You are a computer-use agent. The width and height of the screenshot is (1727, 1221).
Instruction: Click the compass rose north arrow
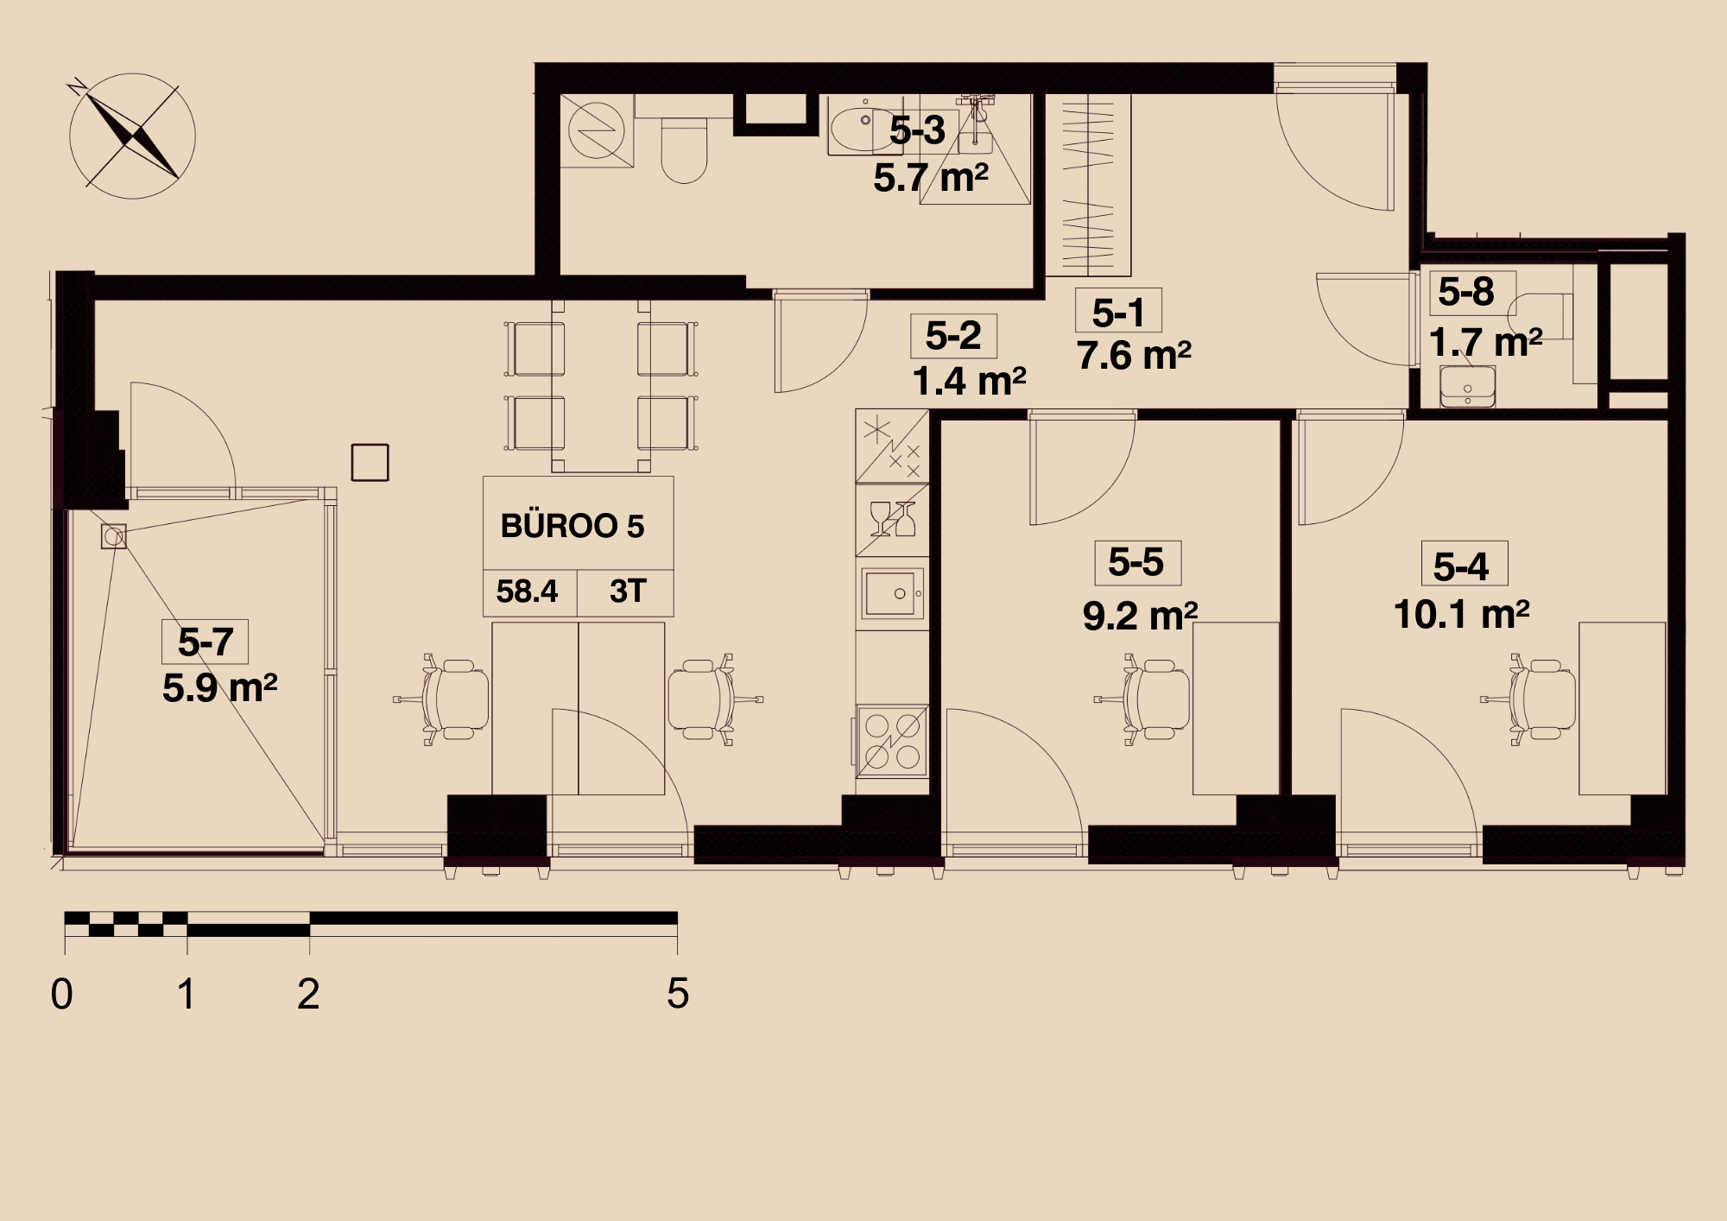(132, 136)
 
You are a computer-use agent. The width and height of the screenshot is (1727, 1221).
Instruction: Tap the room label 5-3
(917, 130)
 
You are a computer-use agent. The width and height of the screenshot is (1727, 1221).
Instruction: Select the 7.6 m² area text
(1134, 356)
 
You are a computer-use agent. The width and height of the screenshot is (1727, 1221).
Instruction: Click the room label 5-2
(953, 335)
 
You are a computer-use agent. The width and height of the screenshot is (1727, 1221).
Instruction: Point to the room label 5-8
(1466, 292)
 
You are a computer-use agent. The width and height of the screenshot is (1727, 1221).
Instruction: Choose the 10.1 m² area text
(1461, 615)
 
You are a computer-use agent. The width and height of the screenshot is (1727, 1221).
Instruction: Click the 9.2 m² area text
(1140, 617)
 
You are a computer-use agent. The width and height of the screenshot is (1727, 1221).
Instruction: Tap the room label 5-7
(206, 642)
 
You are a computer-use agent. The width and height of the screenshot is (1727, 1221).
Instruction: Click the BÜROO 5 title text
(573, 526)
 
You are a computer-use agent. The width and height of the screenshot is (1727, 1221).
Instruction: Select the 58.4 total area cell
(527, 592)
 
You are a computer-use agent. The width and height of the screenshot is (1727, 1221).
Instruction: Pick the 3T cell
(628, 592)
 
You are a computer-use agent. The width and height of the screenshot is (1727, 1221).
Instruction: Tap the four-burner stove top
(892, 741)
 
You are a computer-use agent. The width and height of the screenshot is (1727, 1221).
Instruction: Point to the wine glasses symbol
(893, 519)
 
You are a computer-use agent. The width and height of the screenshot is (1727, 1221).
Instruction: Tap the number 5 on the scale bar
(678, 994)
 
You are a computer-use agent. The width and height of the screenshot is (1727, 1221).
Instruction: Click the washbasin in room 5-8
(1467, 386)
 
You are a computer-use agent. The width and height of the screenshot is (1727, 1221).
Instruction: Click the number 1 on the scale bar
(186, 994)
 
